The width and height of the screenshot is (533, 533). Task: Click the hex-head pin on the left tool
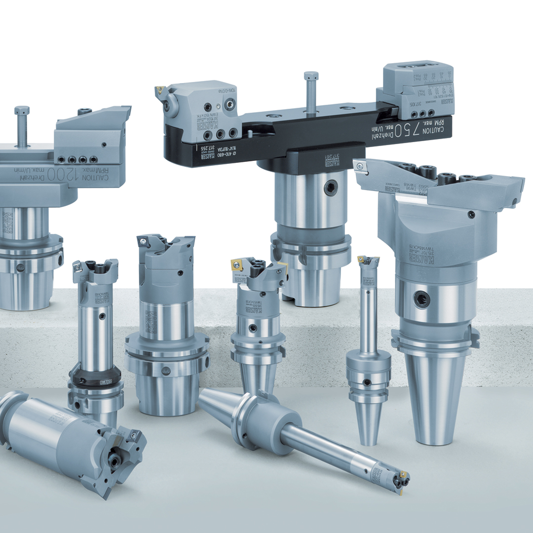pyautogui.click(x=22, y=111)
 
